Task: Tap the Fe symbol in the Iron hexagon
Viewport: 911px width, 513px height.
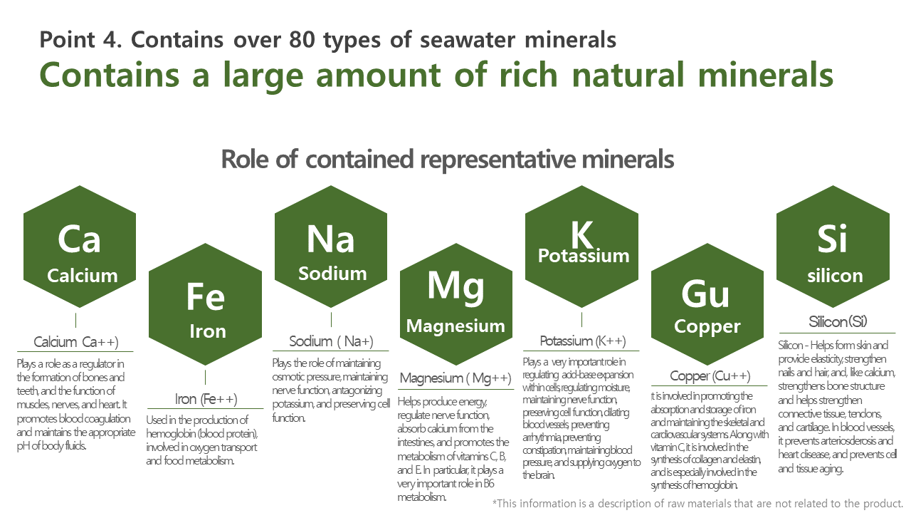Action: [206, 296]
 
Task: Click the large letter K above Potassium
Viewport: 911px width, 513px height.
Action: [581, 234]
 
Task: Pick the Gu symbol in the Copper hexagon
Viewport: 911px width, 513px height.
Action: [705, 294]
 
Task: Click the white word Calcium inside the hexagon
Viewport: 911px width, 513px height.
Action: [83, 276]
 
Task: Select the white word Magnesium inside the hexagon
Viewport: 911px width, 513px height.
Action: [455, 326]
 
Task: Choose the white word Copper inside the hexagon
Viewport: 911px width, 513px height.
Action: [707, 327]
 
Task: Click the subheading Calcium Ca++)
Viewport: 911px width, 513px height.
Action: [76, 342]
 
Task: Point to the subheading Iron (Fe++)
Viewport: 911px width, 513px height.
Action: [206, 399]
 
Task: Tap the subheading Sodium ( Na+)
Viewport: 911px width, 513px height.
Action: [331, 341]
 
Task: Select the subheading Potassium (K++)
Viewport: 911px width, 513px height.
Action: [583, 341]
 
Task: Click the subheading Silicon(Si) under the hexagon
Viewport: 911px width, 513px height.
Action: [838, 321]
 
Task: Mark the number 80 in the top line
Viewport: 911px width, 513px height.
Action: [302, 40]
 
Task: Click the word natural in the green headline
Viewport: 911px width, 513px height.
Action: [628, 75]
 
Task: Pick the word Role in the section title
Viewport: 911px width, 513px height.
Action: [246, 159]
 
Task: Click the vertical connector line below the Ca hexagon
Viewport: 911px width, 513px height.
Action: [75, 321]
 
